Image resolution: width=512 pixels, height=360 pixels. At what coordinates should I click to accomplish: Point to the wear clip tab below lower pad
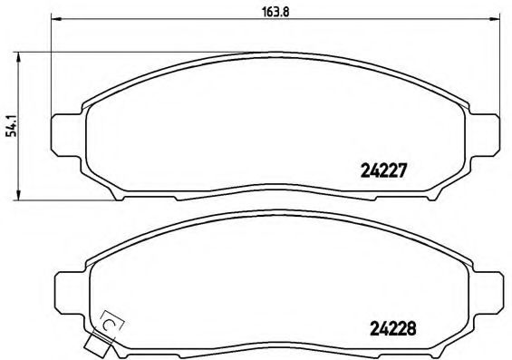(x=94, y=345)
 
